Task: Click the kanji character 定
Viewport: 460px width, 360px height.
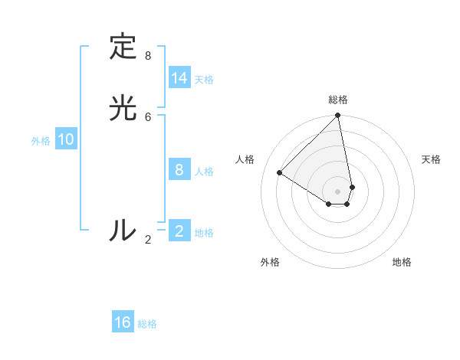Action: (x=123, y=47)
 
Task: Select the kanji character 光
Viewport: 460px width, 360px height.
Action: (x=123, y=108)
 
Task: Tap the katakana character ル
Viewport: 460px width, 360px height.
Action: (x=123, y=230)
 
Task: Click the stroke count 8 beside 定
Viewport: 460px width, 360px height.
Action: (x=148, y=56)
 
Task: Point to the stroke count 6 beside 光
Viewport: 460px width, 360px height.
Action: (x=148, y=116)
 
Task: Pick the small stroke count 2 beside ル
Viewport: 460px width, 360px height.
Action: (x=148, y=240)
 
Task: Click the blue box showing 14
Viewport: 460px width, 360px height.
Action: (x=179, y=78)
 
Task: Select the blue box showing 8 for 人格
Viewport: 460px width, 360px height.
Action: (x=179, y=170)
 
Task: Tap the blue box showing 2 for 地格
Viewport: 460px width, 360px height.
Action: (x=179, y=231)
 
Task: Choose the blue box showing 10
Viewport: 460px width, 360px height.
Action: (x=66, y=139)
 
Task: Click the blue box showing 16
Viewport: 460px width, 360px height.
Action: (x=123, y=322)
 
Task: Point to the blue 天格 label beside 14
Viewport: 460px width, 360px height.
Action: (x=204, y=79)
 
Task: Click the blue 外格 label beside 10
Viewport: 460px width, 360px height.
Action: (x=41, y=140)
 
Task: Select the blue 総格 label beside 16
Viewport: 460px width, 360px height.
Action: (x=147, y=324)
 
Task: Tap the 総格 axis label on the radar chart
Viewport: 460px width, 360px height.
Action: (x=338, y=100)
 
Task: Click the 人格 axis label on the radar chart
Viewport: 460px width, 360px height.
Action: (x=245, y=159)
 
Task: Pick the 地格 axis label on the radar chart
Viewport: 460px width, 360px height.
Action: (x=402, y=262)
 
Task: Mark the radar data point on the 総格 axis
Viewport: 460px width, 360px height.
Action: (x=338, y=116)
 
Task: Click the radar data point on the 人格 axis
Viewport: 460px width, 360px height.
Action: (x=280, y=173)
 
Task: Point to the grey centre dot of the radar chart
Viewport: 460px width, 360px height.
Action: (x=338, y=191)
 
